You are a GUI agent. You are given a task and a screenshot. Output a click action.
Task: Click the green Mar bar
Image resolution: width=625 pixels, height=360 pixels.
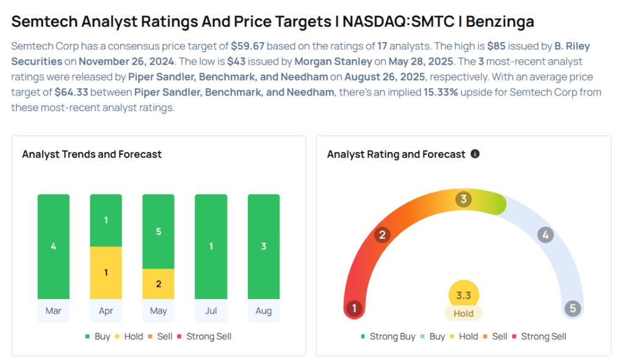(53, 247)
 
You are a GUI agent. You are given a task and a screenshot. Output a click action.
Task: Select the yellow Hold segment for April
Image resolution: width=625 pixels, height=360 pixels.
(106, 273)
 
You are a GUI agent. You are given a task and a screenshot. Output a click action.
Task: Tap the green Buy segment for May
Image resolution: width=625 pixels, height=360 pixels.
(158, 232)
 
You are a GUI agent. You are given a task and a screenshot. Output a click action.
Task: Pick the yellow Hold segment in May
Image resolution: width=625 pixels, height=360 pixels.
(158, 284)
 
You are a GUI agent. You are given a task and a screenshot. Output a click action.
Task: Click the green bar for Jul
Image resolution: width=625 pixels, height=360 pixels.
(211, 247)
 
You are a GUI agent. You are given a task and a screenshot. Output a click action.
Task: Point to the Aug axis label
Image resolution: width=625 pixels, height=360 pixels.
(264, 311)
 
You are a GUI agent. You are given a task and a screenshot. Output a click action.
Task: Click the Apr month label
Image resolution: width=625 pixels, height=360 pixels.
(106, 311)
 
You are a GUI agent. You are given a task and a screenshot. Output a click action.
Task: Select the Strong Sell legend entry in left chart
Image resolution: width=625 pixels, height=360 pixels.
(204, 336)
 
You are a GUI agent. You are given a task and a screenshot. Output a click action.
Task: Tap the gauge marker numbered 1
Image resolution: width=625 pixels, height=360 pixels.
(353, 308)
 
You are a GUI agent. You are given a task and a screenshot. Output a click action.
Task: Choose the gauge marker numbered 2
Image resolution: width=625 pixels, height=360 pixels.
(383, 235)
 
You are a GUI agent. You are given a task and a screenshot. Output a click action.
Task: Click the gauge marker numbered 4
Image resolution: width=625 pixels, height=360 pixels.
(546, 235)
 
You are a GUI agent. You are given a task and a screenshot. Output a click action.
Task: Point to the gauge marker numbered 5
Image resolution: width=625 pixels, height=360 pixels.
(573, 308)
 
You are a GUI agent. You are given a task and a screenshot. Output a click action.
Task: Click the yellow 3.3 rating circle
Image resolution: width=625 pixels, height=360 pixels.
(463, 295)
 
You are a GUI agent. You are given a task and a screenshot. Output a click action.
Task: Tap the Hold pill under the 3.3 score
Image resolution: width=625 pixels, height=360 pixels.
(463, 313)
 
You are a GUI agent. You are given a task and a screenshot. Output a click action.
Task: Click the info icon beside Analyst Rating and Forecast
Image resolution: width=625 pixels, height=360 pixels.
(475, 154)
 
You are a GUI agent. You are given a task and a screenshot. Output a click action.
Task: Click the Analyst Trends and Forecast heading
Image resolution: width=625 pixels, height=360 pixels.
(92, 154)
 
